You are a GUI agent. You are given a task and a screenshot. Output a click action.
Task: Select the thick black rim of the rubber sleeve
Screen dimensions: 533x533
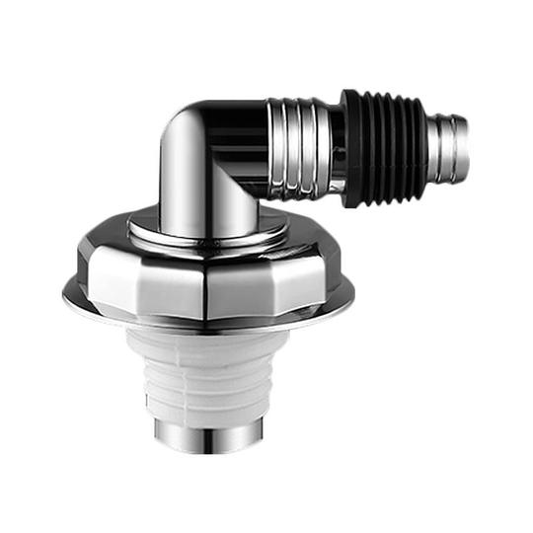[351, 148]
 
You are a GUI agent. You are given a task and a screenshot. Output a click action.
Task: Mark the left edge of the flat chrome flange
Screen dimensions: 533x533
[67, 292]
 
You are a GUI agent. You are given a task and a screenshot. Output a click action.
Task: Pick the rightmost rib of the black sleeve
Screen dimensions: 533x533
[420, 142]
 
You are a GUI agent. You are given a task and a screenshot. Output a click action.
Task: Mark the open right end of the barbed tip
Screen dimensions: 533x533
[463, 133]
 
